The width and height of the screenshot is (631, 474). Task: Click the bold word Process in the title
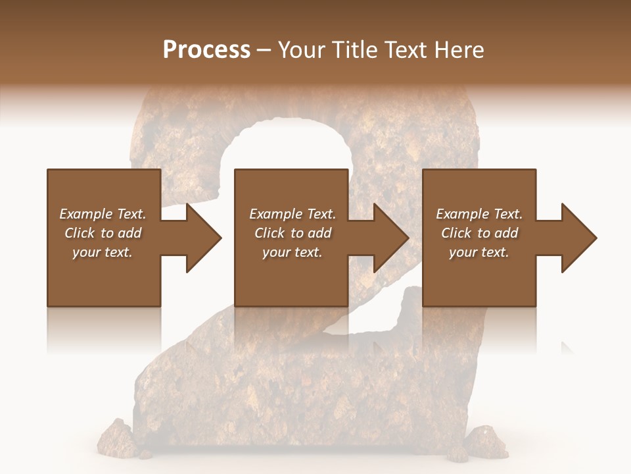click(x=206, y=50)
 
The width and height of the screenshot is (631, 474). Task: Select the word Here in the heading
click(x=459, y=50)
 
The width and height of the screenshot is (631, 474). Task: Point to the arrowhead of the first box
click(x=203, y=238)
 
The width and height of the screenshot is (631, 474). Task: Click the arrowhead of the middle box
click(x=390, y=238)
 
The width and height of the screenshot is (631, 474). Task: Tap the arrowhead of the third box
click(x=578, y=238)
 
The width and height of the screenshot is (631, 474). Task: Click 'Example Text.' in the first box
click(x=103, y=214)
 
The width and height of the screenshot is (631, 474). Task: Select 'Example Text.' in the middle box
click(x=292, y=214)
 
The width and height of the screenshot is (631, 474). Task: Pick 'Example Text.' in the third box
click(x=479, y=214)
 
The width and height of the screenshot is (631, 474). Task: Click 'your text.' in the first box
click(x=103, y=252)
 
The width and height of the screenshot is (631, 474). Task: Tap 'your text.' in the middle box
click(x=292, y=252)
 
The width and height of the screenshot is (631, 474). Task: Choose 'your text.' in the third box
click(x=479, y=252)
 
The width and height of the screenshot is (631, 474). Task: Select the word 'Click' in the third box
click(x=456, y=233)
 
